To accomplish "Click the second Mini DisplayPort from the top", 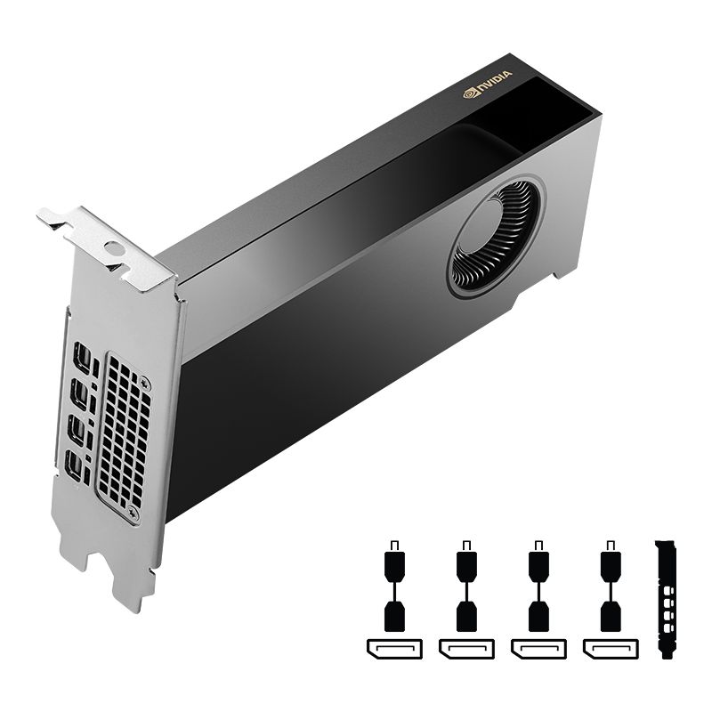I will (79, 394).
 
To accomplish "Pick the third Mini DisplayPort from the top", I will (77, 430).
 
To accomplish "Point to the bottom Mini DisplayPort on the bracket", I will (76, 465).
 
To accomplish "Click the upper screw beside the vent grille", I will (145, 384).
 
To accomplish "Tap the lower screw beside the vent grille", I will (133, 514).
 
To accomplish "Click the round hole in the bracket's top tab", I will (113, 248).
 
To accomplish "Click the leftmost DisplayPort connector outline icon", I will (394, 648).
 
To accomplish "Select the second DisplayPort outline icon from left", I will (466, 648).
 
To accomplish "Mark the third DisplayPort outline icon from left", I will (538, 648).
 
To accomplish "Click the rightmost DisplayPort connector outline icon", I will (610, 648).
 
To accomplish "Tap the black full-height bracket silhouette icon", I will (666, 597).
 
